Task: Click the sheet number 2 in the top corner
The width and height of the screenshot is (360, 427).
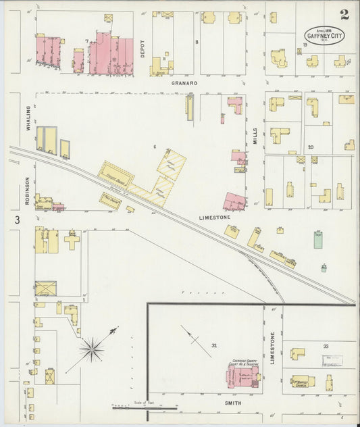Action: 344,14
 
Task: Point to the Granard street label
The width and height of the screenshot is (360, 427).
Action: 184,83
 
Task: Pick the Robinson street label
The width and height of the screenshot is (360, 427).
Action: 28,191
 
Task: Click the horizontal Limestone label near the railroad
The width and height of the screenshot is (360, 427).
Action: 215,217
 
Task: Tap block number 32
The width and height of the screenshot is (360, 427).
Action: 213,345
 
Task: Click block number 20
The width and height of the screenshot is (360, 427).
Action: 310,147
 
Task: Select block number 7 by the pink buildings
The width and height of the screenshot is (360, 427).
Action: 87,42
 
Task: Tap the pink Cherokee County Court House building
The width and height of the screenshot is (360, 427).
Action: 243,376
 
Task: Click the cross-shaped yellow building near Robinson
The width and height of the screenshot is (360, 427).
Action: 72,239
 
